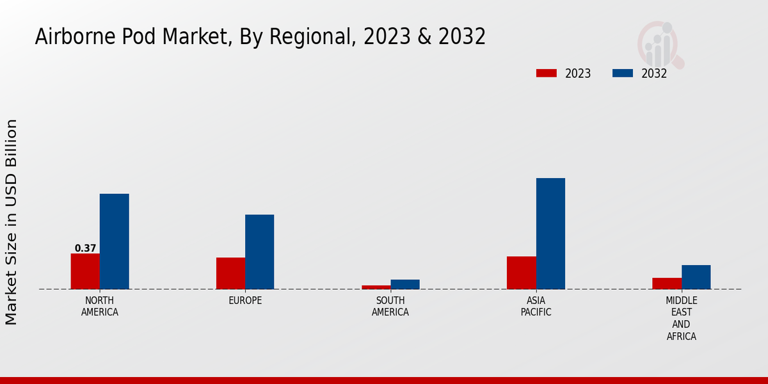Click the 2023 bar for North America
(x=85, y=271)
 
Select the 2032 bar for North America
(x=114, y=241)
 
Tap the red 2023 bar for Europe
(x=230, y=273)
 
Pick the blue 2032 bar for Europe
(x=259, y=252)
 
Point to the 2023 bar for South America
(x=376, y=287)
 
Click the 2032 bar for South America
(x=405, y=284)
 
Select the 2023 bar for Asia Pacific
(x=521, y=273)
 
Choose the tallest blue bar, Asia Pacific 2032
(x=550, y=234)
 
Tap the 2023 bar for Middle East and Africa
(x=667, y=284)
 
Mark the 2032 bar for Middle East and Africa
(x=696, y=277)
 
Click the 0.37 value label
(x=85, y=248)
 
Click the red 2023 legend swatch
(x=547, y=74)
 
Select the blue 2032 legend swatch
(x=623, y=74)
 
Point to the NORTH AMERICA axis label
(x=100, y=307)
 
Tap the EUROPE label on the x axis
(x=245, y=301)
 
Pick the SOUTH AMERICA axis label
(x=390, y=307)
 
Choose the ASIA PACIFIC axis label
(x=536, y=307)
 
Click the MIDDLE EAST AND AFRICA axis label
(x=681, y=319)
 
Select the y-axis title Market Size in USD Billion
(x=12, y=221)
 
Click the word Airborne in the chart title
(x=71, y=37)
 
